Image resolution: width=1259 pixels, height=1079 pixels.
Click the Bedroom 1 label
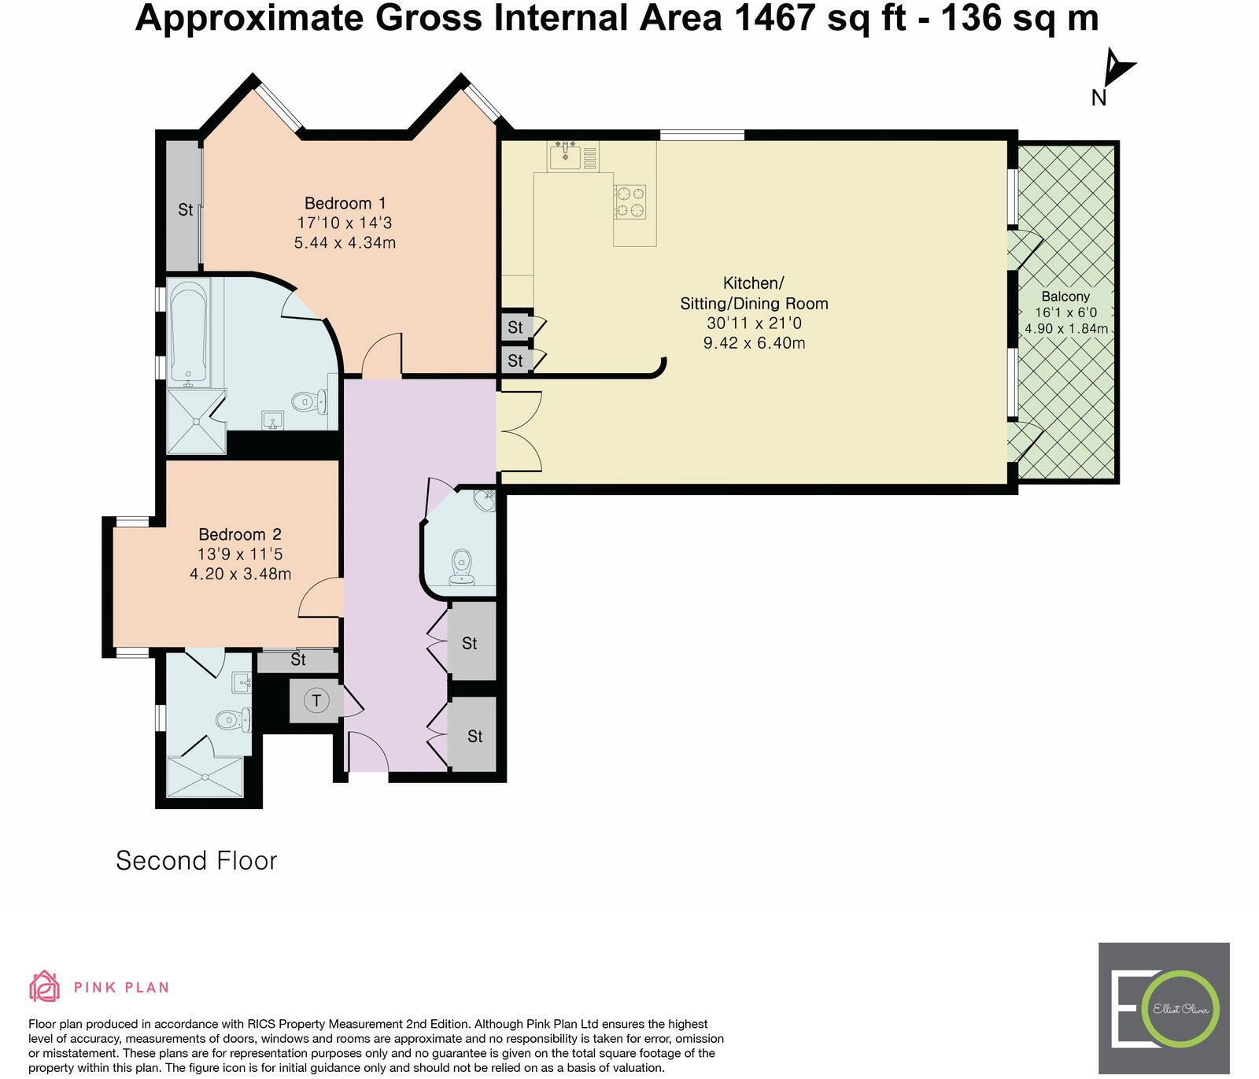(x=345, y=203)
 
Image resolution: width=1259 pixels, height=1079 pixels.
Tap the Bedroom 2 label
(x=240, y=534)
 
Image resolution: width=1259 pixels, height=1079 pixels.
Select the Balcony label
(x=1066, y=297)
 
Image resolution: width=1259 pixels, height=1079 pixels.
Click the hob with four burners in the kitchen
(x=630, y=201)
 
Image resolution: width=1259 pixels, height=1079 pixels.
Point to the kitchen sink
(x=565, y=156)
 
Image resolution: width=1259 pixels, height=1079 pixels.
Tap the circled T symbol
(x=316, y=700)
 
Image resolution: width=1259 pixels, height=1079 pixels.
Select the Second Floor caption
(x=197, y=860)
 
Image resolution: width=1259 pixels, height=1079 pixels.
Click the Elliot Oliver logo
(x=1164, y=1008)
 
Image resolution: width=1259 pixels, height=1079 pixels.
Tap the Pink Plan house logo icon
(x=45, y=986)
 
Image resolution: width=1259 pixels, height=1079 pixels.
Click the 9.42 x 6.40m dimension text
(x=754, y=342)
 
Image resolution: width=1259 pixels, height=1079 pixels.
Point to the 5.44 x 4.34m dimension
(x=345, y=242)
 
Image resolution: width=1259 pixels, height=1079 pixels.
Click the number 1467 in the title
(x=773, y=18)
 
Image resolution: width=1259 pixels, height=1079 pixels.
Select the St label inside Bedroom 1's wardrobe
(x=185, y=209)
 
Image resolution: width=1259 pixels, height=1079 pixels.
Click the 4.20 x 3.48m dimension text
(x=240, y=574)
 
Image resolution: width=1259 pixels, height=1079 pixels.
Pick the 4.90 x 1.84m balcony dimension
(x=1066, y=328)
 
